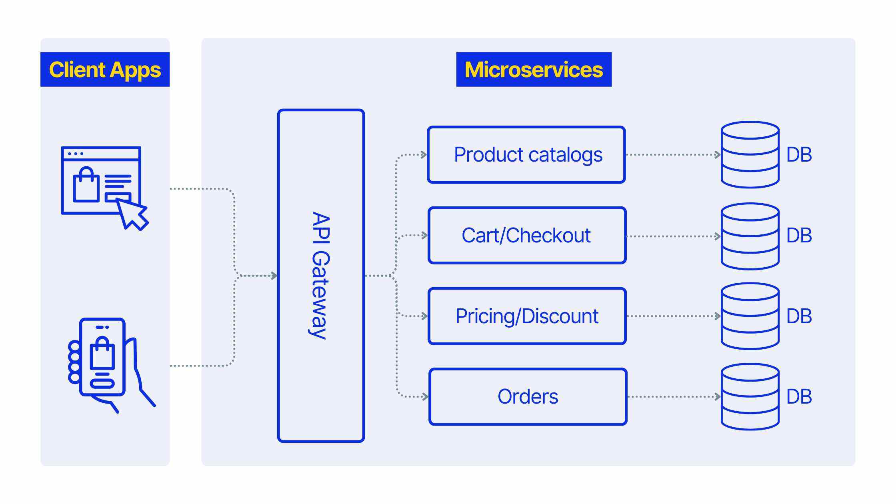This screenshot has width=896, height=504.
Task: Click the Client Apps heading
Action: pos(105,70)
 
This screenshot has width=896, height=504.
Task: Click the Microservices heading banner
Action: pos(534,70)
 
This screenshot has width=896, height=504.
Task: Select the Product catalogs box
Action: pos(526,155)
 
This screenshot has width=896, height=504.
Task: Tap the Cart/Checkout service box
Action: pos(527,236)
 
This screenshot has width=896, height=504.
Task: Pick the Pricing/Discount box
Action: pos(527,316)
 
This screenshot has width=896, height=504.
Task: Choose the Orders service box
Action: pos(528,397)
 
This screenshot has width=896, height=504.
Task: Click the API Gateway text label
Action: pos(321,275)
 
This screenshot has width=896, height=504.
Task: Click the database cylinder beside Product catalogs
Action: pos(750,155)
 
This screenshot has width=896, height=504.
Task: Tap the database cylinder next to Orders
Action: pos(750,397)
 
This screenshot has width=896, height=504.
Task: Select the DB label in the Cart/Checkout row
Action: pos(799,236)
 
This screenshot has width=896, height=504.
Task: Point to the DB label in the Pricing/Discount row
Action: pos(799,316)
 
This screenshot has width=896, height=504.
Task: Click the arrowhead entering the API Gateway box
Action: pos(274,276)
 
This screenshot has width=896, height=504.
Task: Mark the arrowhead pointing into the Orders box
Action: pos(425,397)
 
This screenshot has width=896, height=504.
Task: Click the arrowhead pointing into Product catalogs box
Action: pos(424,155)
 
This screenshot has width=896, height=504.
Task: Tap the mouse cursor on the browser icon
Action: pos(133,214)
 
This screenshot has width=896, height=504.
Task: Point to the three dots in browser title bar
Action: pos(75,154)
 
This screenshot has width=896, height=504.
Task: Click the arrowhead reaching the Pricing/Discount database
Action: pos(718,316)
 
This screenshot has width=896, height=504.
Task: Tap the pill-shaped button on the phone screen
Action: pos(102,384)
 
